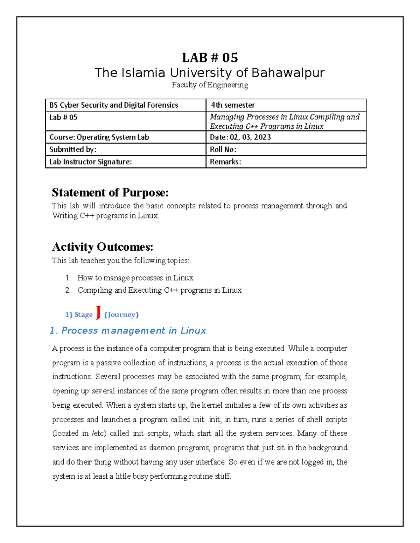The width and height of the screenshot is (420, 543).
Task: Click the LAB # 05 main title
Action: pyautogui.click(x=210, y=57)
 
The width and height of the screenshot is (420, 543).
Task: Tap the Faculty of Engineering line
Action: pyautogui.click(x=210, y=85)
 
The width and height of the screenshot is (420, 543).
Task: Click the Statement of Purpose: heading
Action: pyautogui.click(x=110, y=193)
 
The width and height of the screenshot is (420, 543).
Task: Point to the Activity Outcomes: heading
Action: pyautogui.click(x=103, y=247)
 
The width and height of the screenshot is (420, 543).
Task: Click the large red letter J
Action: pyautogui.click(x=98, y=312)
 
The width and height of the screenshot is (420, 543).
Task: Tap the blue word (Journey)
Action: pyautogui.click(x=121, y=315)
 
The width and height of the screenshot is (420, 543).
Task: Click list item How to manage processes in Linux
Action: pyautogui.click(x=136, y=278)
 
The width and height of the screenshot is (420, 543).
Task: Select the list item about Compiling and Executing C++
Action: pyautogui.click(x=159, y=290)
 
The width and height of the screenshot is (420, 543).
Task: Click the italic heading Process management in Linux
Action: pyautogui.click(x=133, y=330)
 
